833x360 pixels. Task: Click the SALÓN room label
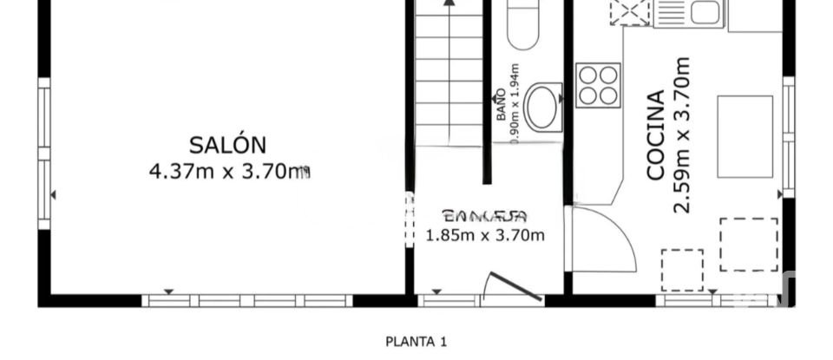(228, 145)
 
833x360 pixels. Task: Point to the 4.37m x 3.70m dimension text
(229, 172)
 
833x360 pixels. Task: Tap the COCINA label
(657, 135)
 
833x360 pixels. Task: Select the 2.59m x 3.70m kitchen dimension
(682, 135)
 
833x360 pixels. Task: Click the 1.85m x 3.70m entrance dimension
(485, 235)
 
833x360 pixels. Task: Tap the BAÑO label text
(501, 103)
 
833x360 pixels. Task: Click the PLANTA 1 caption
(416, 342)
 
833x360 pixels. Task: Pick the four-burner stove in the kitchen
(598, 85)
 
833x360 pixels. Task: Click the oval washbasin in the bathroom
(544, 106)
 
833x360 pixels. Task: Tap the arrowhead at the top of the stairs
(449, 3)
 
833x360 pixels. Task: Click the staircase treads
(449, 78)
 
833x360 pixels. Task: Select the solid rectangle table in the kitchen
(744, 136)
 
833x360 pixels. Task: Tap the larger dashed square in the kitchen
(748, 244)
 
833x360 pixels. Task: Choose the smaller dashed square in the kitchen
(682, 270)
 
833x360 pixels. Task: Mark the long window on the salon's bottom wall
(246, 301)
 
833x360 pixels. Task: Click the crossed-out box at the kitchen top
(630, 12)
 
